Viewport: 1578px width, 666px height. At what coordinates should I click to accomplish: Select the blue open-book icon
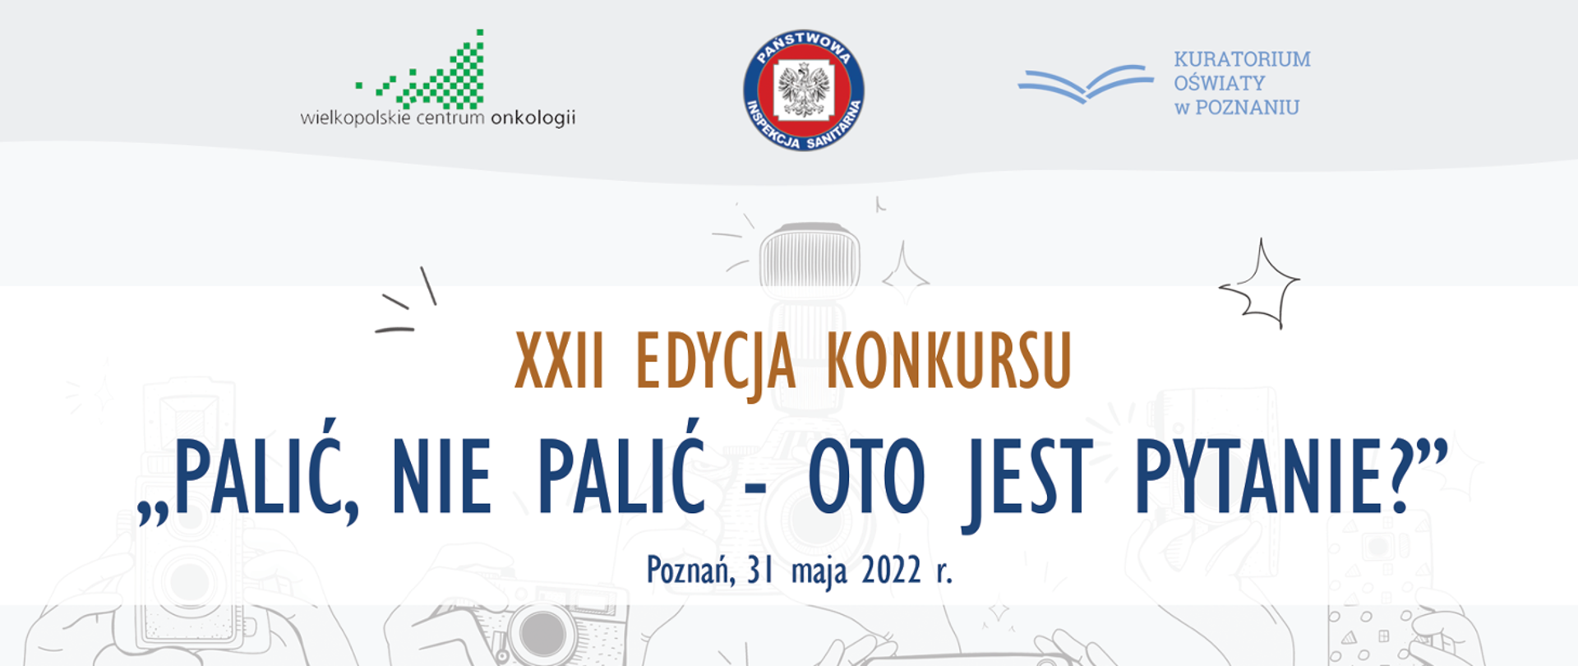[1085, 83]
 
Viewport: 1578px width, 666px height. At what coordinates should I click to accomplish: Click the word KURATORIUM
[1242, 59]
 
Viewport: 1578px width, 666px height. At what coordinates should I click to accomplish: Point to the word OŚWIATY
[1219, 83]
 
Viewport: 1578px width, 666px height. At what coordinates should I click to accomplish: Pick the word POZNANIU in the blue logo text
[1247, 108]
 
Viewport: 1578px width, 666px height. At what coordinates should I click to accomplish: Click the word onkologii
[533, 118]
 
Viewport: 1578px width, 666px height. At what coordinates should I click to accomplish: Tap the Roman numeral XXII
[559, 362]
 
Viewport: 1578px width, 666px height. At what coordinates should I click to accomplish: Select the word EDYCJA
[715, 362]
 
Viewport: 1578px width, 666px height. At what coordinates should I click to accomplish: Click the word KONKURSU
[948, 362]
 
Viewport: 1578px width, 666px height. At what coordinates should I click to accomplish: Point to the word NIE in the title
[441, 477]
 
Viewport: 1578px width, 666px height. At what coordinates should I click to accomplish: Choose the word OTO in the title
[866, 477]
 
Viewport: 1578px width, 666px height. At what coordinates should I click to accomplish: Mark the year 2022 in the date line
[891, 570]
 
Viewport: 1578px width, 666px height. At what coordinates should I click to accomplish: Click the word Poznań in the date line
[690, 570]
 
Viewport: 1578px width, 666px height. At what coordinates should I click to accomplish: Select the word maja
[819, 571]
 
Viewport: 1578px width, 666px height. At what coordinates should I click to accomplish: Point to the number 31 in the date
[760, 570]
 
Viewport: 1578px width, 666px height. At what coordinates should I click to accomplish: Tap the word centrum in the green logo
[450, 118]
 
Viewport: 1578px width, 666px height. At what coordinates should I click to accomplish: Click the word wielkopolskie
[355, 118]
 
